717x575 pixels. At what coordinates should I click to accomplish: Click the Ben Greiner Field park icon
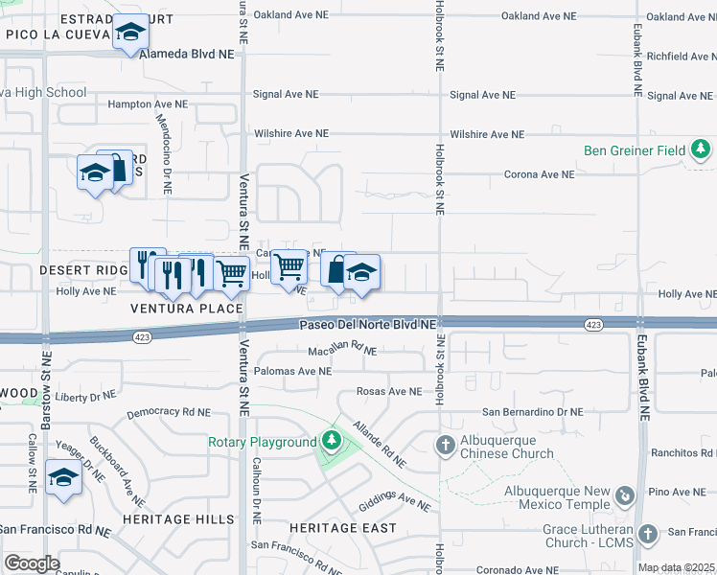(702, 149)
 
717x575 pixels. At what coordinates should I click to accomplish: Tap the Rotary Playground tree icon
(331, 441)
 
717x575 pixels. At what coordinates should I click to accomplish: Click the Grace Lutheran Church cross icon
(647, 533)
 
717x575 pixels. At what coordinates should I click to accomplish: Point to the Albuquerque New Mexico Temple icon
(625, 495)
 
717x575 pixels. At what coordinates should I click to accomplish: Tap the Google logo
(32, 563)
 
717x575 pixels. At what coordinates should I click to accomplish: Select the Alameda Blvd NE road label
(187, 55)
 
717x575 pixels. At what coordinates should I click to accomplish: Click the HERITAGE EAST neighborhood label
(342, 528)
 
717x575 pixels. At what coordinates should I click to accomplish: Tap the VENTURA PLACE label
(188, 309)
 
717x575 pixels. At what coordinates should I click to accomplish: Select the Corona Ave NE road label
(539, 174)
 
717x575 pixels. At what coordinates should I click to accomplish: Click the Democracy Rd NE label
(168, 411)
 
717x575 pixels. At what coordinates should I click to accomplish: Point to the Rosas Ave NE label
(388, 391)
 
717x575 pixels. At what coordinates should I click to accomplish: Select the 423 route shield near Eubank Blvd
(593, 326)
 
